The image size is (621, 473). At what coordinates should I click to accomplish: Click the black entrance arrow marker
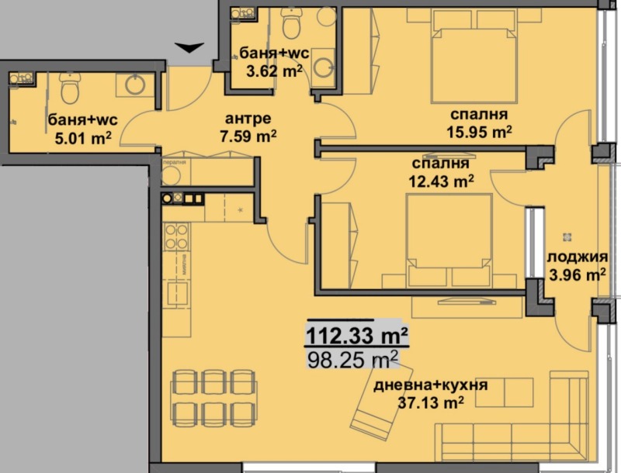[188, 49]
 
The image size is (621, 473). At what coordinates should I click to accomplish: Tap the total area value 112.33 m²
[357, 337]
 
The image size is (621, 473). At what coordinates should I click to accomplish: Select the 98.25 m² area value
[353, 361]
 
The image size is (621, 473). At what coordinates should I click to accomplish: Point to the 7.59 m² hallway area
[249, 136]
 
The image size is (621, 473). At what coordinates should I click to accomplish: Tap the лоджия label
[578, 257]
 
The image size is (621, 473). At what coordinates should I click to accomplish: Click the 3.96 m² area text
[578, 274]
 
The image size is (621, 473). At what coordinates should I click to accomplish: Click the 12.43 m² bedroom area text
[441, 181]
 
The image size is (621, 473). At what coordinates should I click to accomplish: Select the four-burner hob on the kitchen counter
[175, 234]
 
